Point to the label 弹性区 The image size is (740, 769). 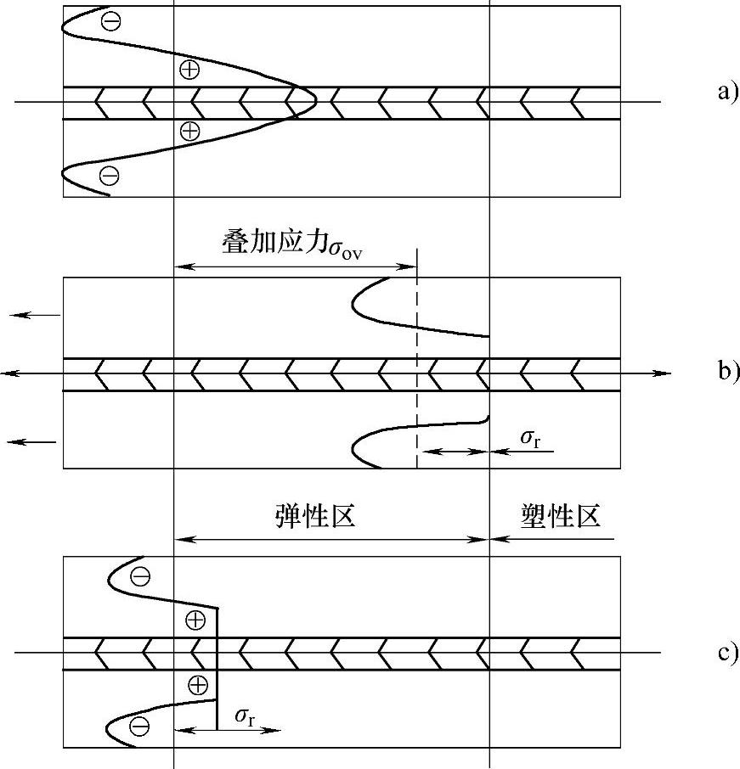click(x=314, y=515)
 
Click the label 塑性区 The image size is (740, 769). click(x=561, y=515)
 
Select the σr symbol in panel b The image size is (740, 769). click(x=529, y=438)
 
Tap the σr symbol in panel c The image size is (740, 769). click(x=246, y=718)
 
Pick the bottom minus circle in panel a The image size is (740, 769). click(x=109, y=176)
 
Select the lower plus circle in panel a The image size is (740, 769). click(x=189, y=130)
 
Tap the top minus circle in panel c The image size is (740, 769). click(x=140, y=577)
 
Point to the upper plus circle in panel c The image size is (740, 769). click(x=195, y=620)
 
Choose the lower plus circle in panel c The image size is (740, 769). click(x=197, y=685)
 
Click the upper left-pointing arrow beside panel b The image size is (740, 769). click(x=34, y=315)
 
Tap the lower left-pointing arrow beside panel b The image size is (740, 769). click(x=32, y=441)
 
